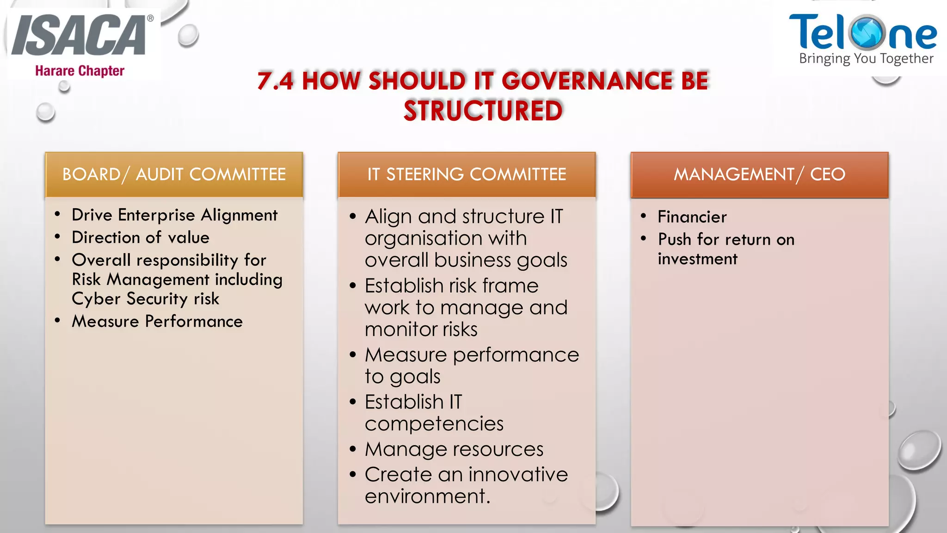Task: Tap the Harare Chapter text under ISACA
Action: pos(80,71)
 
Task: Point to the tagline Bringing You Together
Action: pos(866,58)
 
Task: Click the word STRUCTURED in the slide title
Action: pos(483,111)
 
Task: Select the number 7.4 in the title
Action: pos(275,81)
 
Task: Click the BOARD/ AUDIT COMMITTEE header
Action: pos(174,174)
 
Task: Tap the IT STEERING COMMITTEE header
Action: pos(467,174)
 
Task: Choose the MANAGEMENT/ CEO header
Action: pos(759,174)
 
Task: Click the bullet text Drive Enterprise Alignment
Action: pos(174,215)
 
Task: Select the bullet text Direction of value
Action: pos(141,237)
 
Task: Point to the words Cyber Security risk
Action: pos(145,299)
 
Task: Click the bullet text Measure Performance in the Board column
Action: pos(157,321)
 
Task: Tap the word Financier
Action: pos(692,217)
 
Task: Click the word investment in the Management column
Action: pos(697,259)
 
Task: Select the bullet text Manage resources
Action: pos(454,449)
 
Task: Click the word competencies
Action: pos(434,424)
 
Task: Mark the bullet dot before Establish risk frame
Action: pos(353,286)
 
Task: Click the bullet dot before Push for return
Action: pos(643,239)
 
